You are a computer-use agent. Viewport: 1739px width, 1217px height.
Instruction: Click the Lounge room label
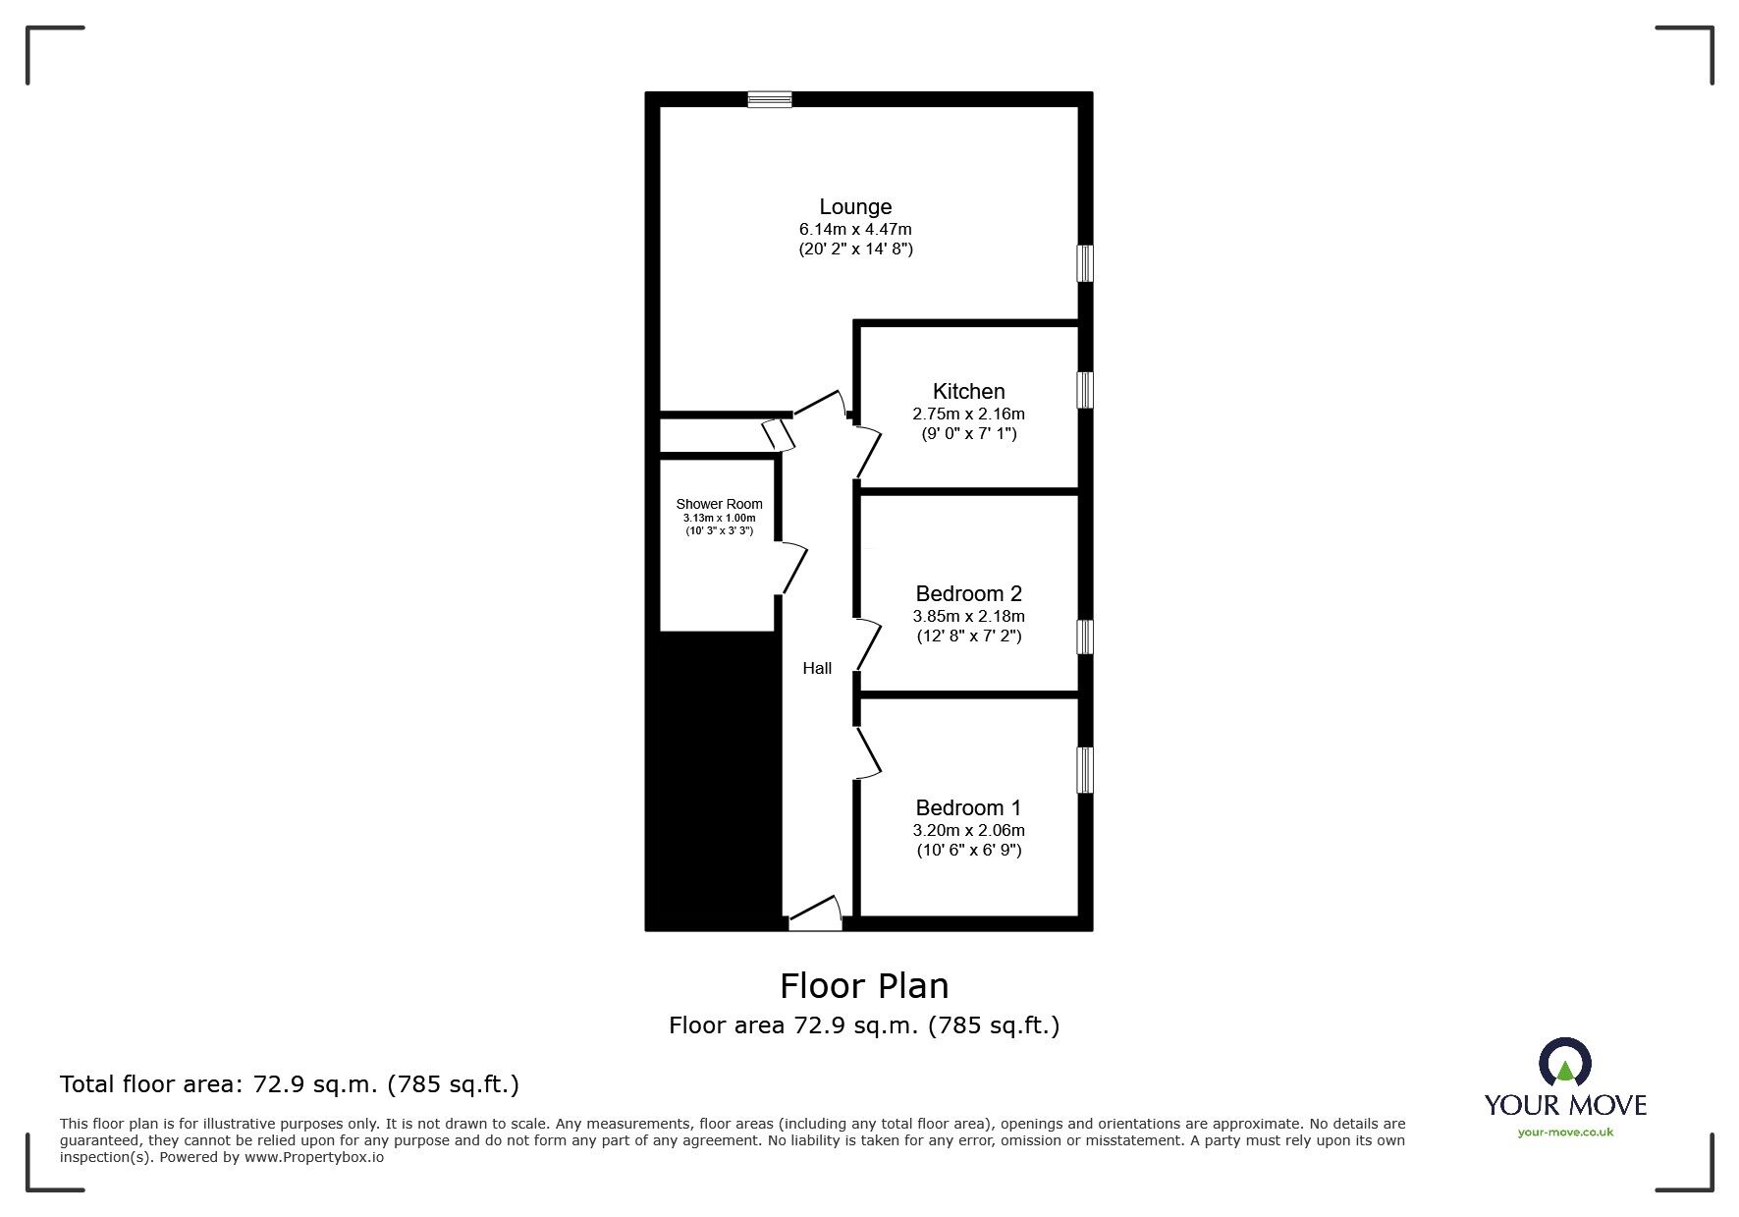855,206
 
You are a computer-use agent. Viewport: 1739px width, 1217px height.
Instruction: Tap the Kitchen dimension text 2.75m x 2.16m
968,414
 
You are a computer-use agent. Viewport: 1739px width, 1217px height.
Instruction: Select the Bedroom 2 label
968,593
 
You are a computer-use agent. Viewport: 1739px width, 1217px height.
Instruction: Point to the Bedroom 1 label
968,807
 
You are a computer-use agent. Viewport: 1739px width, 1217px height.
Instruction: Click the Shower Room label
719,504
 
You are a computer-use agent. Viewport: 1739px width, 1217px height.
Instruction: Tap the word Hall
817,668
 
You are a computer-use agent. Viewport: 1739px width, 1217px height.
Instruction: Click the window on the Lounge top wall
769,98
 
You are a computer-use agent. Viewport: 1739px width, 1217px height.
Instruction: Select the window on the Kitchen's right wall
1085,390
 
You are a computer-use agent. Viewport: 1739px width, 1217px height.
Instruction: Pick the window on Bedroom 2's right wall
1085,636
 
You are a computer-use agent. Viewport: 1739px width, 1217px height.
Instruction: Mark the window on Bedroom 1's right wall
1085,770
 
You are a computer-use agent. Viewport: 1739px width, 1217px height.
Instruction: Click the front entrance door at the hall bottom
816,914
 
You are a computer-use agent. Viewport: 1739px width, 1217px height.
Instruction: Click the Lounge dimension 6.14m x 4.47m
855,229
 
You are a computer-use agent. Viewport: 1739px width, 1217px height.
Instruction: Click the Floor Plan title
864,985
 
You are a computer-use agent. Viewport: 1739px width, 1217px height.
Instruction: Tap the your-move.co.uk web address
1565,1133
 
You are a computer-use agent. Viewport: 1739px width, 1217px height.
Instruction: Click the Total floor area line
290,1084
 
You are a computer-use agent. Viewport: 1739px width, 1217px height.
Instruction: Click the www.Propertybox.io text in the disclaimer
313,1157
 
